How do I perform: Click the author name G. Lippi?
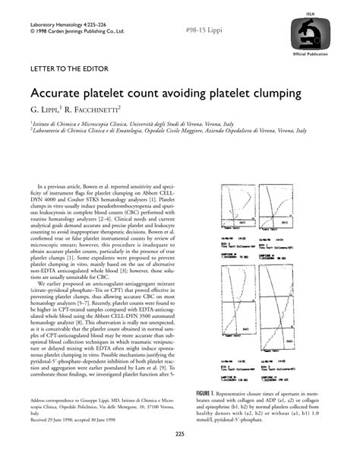pyautogui.click(x=49, y=111)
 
